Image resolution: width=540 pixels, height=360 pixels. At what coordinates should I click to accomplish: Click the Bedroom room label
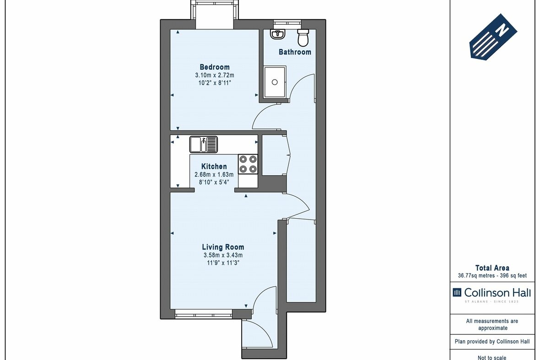[215, 67]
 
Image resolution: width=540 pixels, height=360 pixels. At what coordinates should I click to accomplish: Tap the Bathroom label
[295, 52]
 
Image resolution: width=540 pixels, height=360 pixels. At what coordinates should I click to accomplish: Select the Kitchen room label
[214, 167]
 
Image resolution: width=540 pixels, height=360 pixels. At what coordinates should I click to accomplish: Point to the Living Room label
[223, 247]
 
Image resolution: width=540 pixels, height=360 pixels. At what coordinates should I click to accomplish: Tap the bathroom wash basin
[277, 34]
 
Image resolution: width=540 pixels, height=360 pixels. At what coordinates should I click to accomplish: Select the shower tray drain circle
[275, 82]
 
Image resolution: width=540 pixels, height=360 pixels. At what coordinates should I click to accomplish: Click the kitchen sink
[204, 144]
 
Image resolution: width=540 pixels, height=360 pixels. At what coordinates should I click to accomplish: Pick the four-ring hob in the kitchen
[248, 164]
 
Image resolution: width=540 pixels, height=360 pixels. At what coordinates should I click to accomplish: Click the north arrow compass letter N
[502, 31]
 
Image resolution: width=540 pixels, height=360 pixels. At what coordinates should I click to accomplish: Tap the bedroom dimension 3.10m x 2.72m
[215, 75]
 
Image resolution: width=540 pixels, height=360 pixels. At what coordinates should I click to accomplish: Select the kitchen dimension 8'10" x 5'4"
[214, 182]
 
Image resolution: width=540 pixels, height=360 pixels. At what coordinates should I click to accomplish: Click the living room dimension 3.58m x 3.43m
[223, 255]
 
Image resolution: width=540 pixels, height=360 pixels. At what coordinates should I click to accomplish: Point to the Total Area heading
[492, 268]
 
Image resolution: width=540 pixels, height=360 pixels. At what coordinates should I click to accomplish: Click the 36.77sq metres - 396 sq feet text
[492, 276]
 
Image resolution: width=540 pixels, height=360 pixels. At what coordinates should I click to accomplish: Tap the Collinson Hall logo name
[497, 293]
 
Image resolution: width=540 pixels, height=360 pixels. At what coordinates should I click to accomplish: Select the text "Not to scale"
[492, 358]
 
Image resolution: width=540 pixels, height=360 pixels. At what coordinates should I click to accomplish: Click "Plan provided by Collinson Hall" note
[492, 341]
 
